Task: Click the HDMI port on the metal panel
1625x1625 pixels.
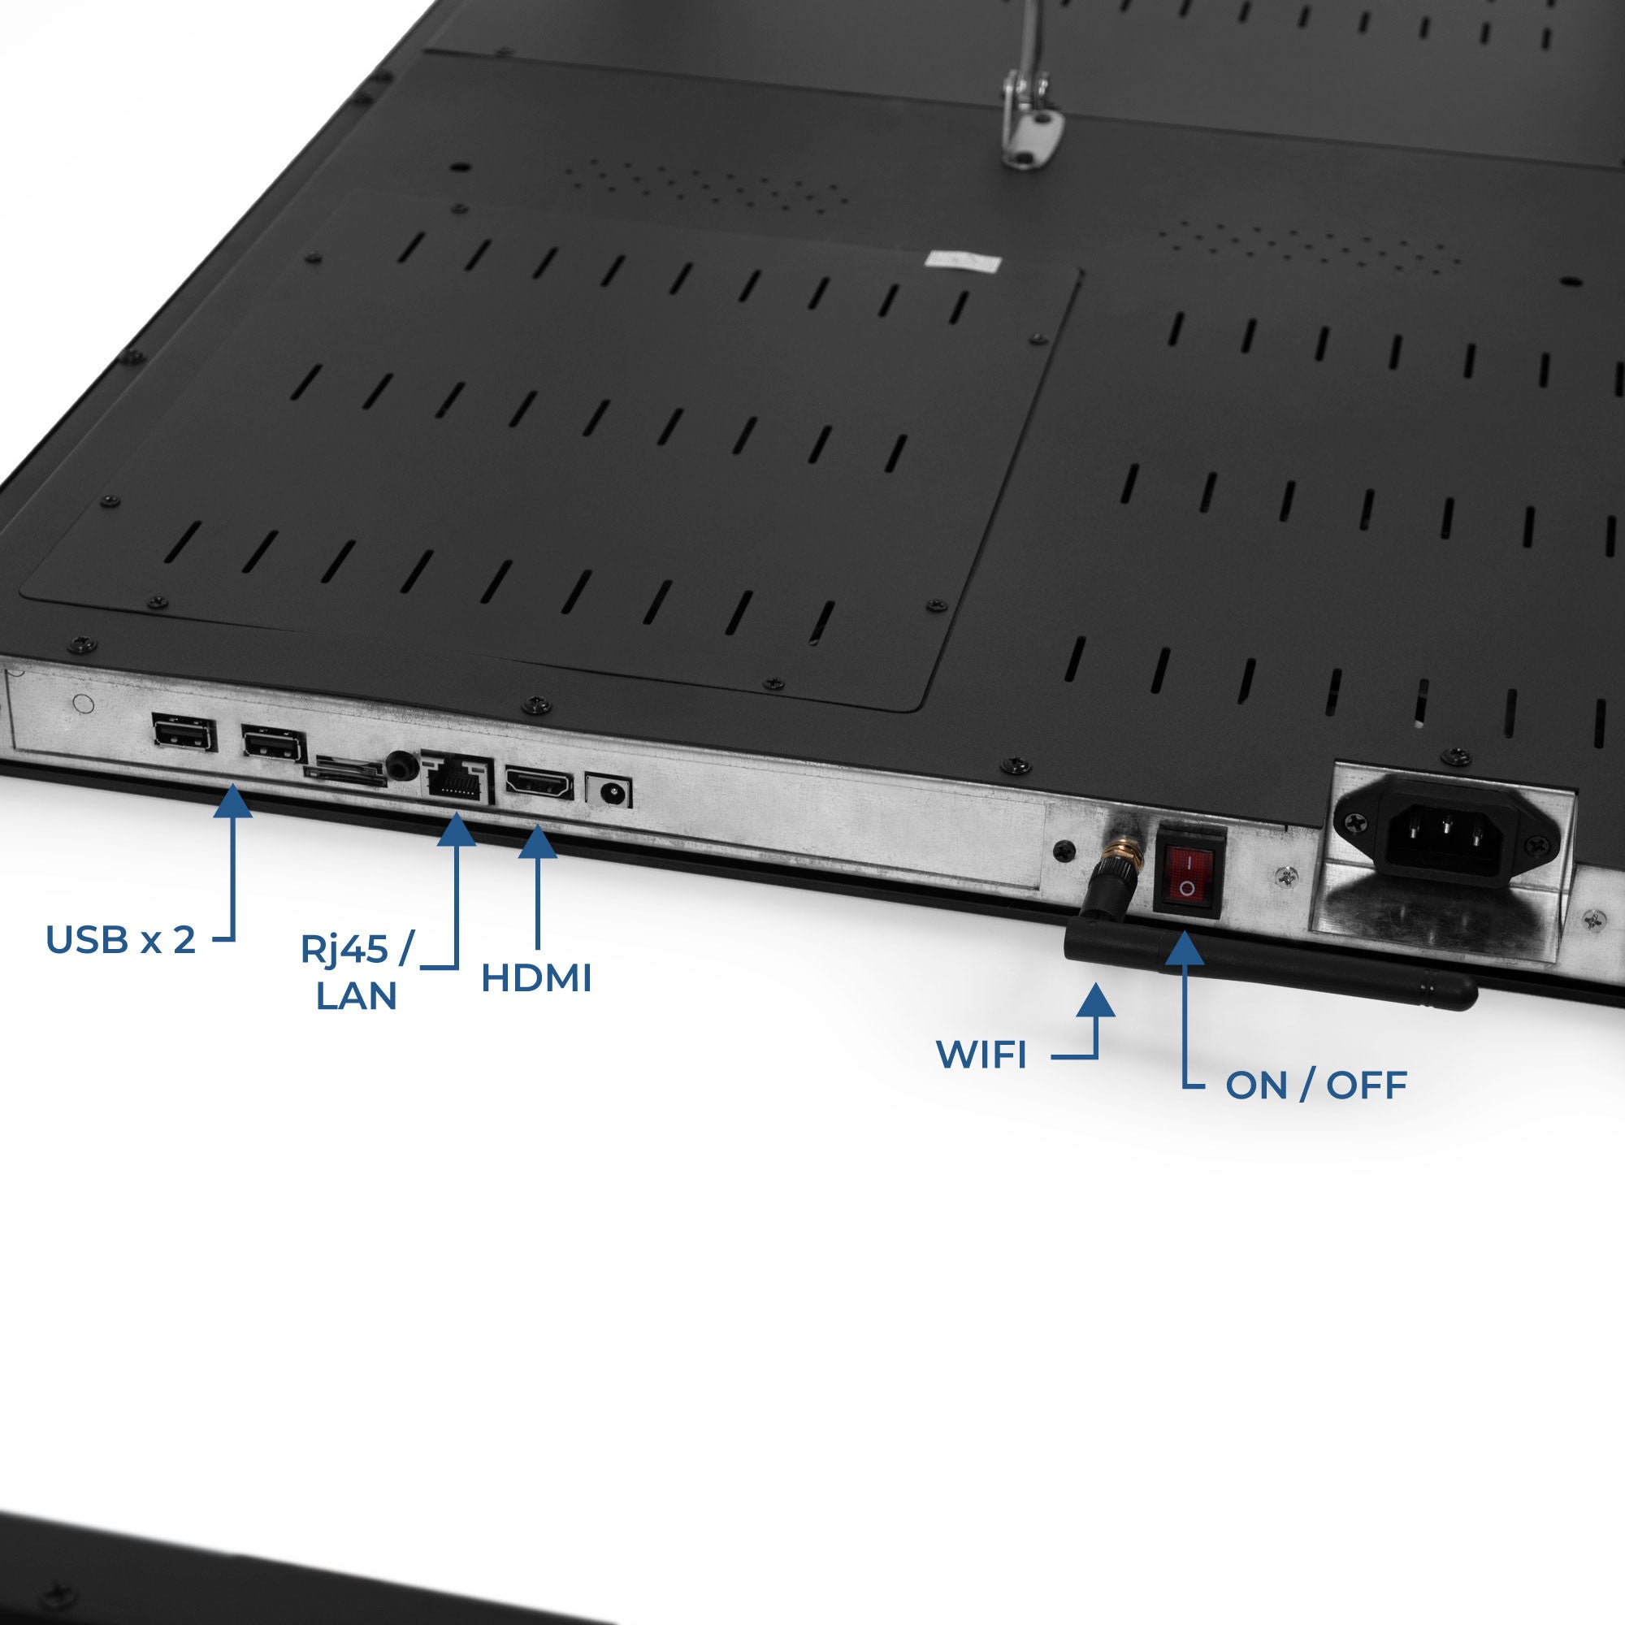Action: (539, 783)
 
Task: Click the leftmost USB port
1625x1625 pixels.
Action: (184, 734)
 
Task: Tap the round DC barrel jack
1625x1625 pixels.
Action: (608, 791)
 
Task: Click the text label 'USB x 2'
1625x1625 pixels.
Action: (120, 939)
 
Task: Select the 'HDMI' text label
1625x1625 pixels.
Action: (536, 978)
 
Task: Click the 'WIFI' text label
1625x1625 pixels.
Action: (981, 1055)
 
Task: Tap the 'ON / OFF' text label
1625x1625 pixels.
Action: (1316, 1085)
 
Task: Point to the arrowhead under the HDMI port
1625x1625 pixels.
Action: (537, 841)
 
